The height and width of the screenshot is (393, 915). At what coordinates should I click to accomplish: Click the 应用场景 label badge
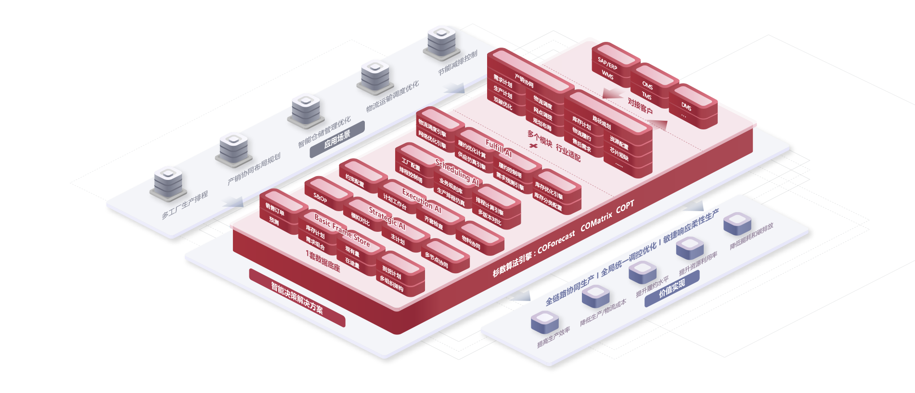[337, 139]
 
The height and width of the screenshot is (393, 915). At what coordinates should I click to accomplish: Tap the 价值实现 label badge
[671, 289]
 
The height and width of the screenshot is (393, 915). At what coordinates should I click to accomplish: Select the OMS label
[648, 86]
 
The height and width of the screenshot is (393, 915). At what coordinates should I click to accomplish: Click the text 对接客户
[640, 106]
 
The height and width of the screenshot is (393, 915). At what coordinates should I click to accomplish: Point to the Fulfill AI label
[499, 149]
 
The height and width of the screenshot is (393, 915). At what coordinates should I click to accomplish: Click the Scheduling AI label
[457, 172]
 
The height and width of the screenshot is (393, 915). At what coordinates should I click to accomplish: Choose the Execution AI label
[422, 201]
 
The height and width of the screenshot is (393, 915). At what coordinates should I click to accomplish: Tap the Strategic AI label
[387, 218]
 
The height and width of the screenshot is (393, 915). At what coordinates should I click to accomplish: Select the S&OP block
[321, 198]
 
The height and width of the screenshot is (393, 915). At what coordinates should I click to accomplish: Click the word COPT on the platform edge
[625, 207]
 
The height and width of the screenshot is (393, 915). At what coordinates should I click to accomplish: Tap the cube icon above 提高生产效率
[544, 320]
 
